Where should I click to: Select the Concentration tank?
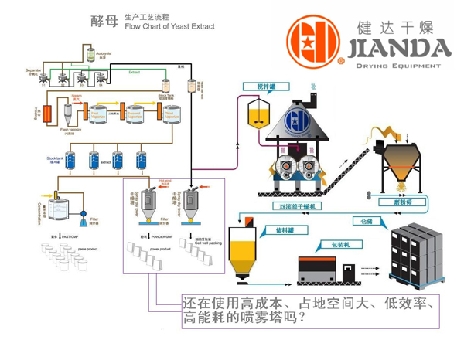(56, 205)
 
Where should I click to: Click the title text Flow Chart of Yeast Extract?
(170, 25)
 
